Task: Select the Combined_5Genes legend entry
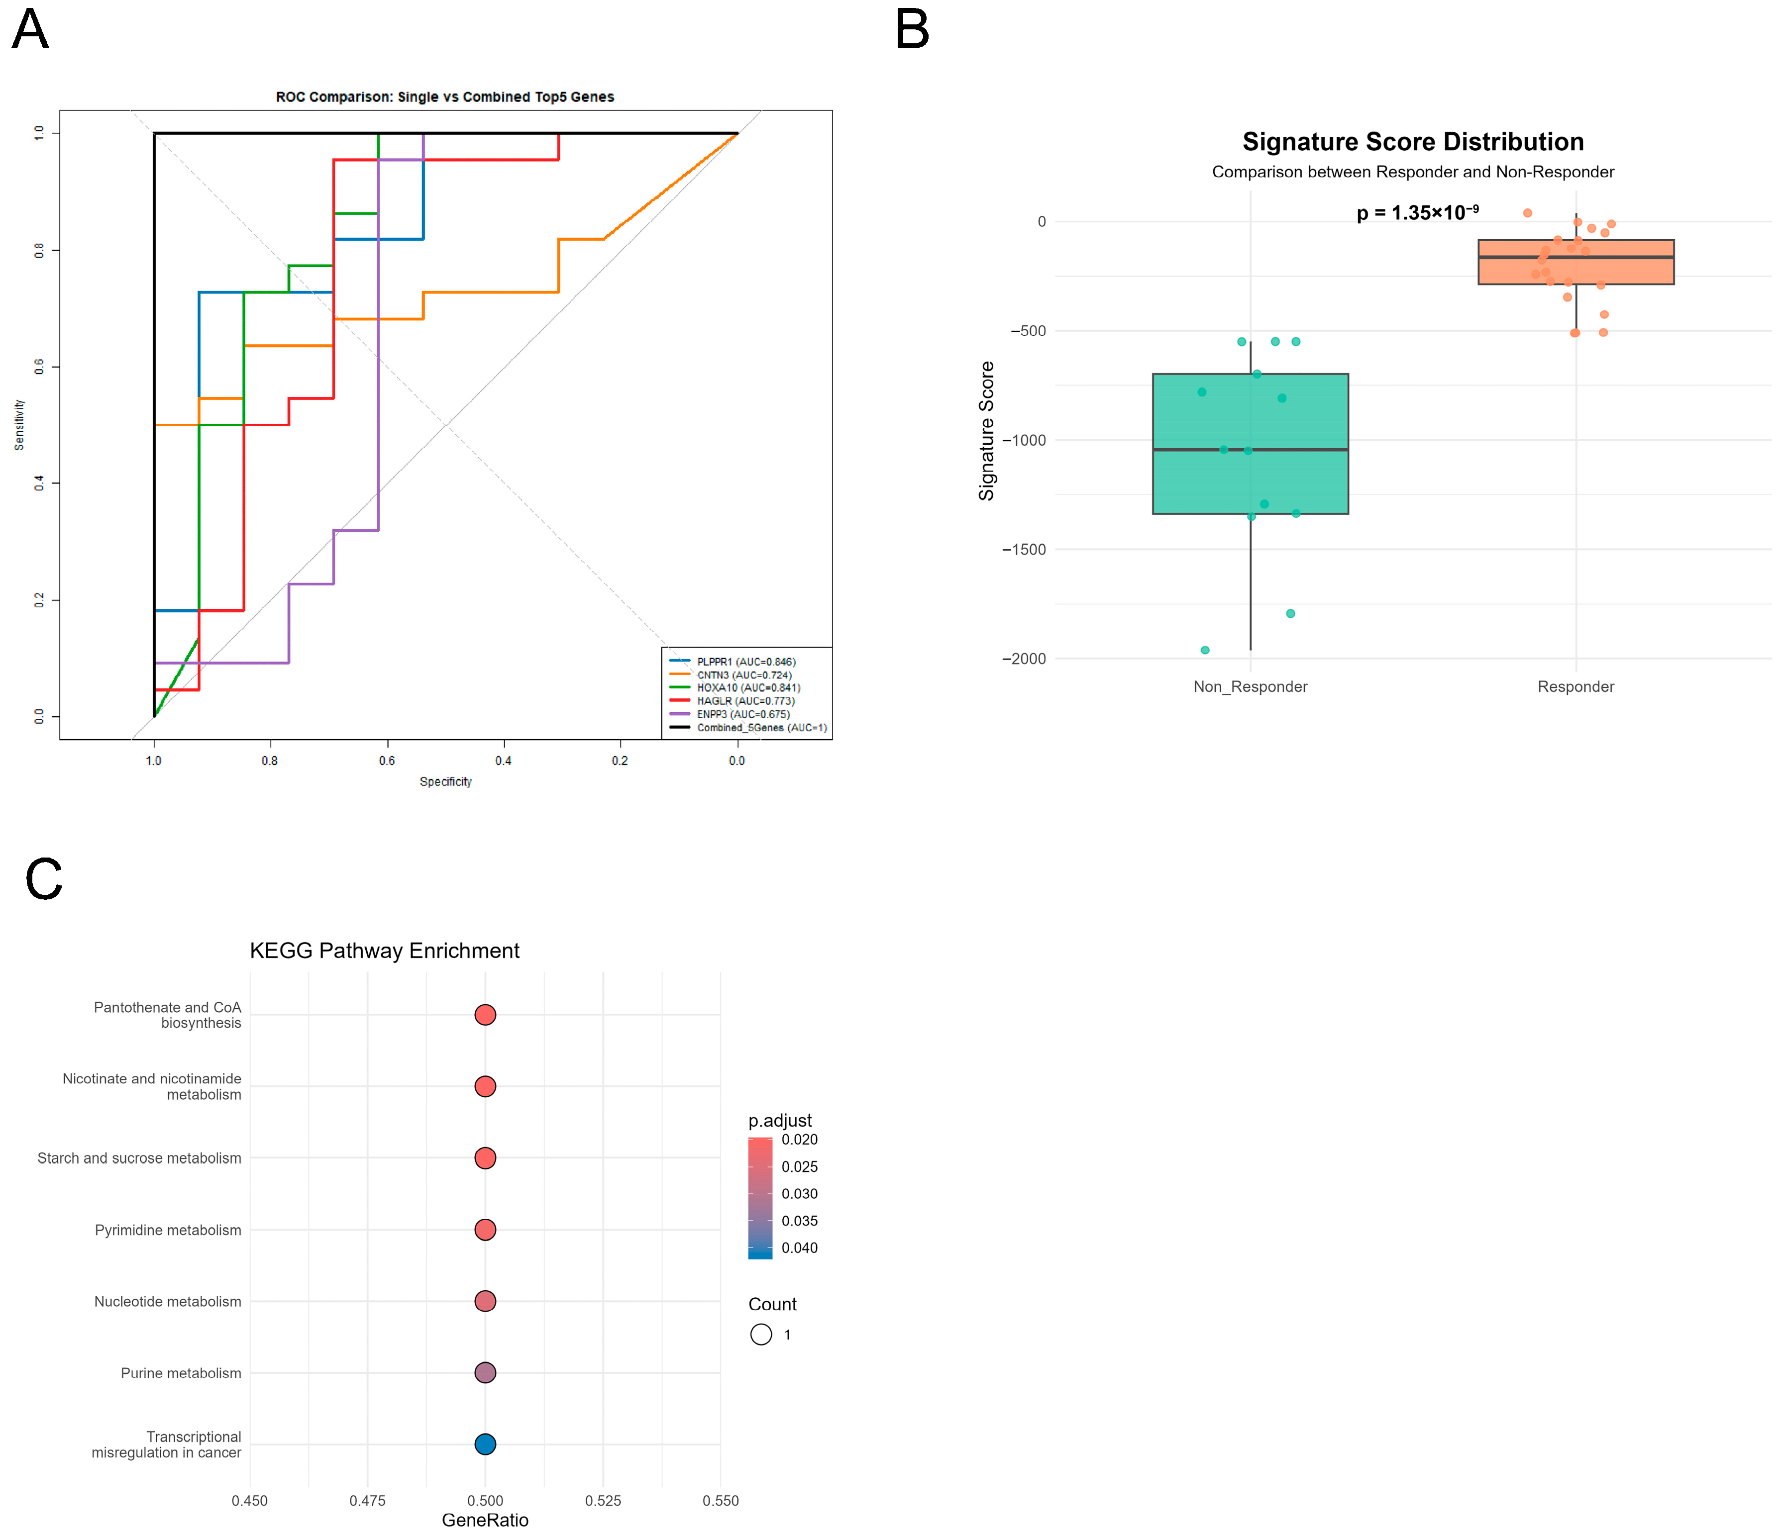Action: pos(748,728)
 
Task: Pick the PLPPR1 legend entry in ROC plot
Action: pos(733,662)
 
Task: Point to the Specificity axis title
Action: pos(446,781)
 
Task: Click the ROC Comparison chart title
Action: pos(445,96)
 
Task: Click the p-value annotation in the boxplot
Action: pos(1418,212)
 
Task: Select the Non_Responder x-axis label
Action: pos(1250,687)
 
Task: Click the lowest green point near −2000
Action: pos(1205,650)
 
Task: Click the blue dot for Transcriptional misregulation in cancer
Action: pos(485,1444)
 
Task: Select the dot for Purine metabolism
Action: pos(485,1373)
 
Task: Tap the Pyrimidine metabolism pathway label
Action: pos(168,1230)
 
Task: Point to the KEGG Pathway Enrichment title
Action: pos(385,951)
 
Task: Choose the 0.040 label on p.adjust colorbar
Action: pos(800,1248)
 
